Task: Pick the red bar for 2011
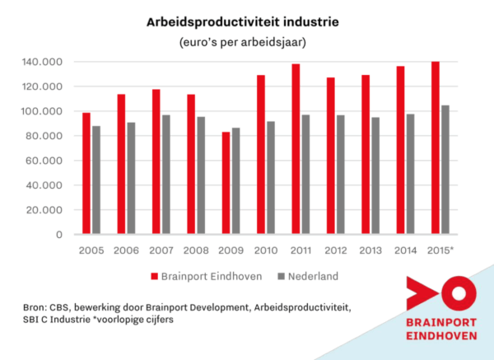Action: point(295,149)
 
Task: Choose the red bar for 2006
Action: point(120,164)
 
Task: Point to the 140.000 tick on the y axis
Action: point(44,62)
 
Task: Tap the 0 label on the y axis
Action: point(60,235)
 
